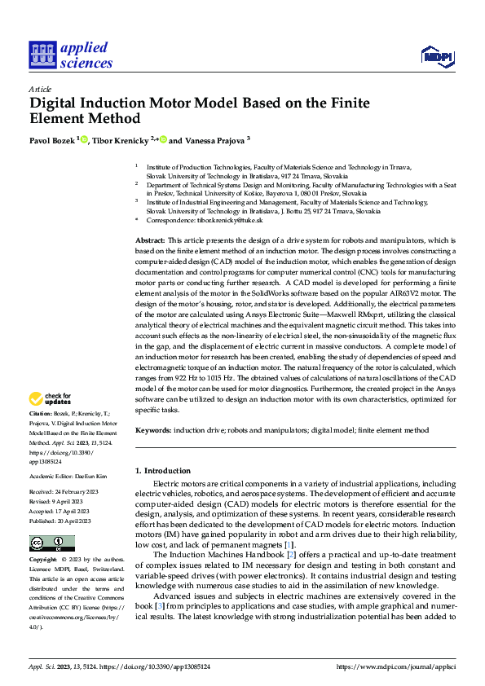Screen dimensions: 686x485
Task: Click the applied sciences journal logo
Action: click(x=71, y=55)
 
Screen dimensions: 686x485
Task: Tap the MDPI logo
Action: click(x=436, y=55)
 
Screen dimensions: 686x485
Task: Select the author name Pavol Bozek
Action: click(x=51, y=140)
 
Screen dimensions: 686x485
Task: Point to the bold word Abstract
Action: click(x=149, y=240)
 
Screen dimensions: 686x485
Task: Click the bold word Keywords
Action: click(x=152, y=429)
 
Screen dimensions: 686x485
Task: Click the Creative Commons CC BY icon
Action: click(x=51, y=543)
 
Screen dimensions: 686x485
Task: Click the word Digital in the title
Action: click(x=58, y=103)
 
